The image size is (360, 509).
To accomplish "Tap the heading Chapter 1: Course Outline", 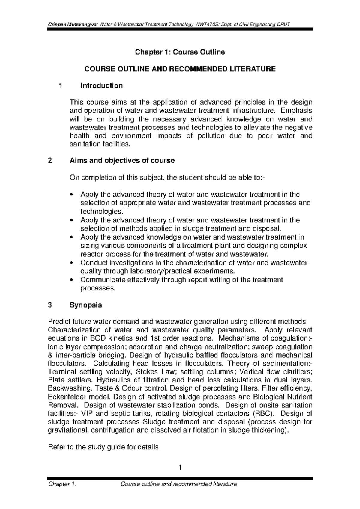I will coord(180,52).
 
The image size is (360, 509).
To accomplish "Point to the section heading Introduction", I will coord(101,86).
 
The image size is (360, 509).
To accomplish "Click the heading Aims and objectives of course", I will coord(122,161).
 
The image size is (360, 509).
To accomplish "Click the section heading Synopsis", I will coord(86,305).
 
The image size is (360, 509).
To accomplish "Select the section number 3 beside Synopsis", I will coord(50,305).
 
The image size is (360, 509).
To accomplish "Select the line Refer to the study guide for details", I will coord(103,448).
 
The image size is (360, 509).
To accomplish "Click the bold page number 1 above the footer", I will coord(180,467).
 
